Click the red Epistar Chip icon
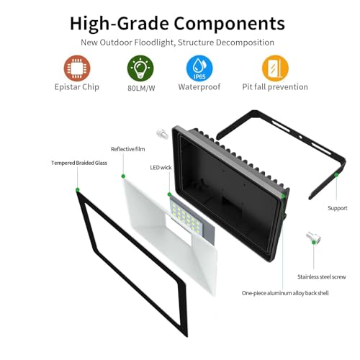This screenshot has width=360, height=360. coord(77,68)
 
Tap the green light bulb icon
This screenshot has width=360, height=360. coord(140,68)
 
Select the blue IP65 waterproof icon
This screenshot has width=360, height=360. coord(199,68)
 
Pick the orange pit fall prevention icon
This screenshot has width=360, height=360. coord(275,68)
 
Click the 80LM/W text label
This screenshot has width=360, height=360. coord(141,88)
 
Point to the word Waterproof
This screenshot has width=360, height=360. coord(199,86)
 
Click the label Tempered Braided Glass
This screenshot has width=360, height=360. coord(79,163)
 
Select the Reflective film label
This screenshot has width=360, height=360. coord(128,149)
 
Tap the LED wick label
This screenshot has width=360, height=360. coord(161,168)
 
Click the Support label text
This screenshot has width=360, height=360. coord(338,208)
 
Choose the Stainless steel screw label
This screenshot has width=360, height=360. coord(322,276)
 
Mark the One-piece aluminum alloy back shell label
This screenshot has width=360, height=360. coord(285,293)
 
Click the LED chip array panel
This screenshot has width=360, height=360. coord(192,220)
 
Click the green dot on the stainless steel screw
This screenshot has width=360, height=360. coord(313,243)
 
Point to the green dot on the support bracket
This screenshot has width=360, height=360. coord(336,175)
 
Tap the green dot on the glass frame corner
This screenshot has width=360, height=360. coord(77,190)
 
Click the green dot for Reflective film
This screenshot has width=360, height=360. coord(123,176)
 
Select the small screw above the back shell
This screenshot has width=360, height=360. coord(162,133)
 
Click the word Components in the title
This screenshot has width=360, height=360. coord(229,24)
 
